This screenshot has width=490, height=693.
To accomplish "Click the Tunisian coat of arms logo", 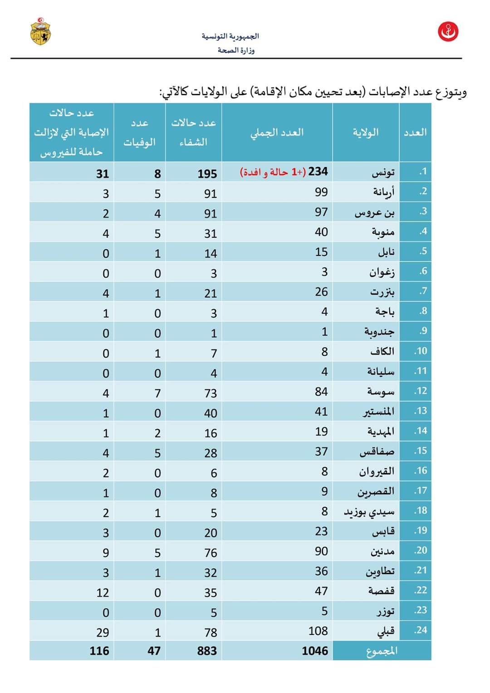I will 41,31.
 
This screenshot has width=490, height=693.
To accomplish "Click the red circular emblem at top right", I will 448,32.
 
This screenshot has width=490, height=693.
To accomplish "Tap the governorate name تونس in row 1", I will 383,172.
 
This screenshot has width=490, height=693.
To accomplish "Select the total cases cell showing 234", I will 318,172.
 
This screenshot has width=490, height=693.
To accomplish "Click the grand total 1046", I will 315,651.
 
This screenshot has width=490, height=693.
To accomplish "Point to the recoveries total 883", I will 207,651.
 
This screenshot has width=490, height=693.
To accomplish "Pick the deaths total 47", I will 154,651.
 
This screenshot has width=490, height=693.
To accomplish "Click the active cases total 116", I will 99,651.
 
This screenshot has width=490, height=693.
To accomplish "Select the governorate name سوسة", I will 381,391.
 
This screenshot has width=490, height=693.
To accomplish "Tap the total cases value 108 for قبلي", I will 318,631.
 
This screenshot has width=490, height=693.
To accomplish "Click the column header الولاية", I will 366,133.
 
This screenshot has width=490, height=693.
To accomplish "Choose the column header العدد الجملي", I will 277,133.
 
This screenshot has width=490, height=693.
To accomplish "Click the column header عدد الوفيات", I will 140,133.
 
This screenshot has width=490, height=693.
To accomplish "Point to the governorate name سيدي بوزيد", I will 369,512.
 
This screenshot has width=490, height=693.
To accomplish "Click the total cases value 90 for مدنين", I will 321,551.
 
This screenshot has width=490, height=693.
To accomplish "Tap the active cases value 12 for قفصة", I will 103,592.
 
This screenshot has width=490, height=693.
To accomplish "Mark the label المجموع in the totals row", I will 382,651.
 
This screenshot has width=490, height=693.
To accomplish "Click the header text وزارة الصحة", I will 236,50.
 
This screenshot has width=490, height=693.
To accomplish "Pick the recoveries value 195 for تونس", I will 207,173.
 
